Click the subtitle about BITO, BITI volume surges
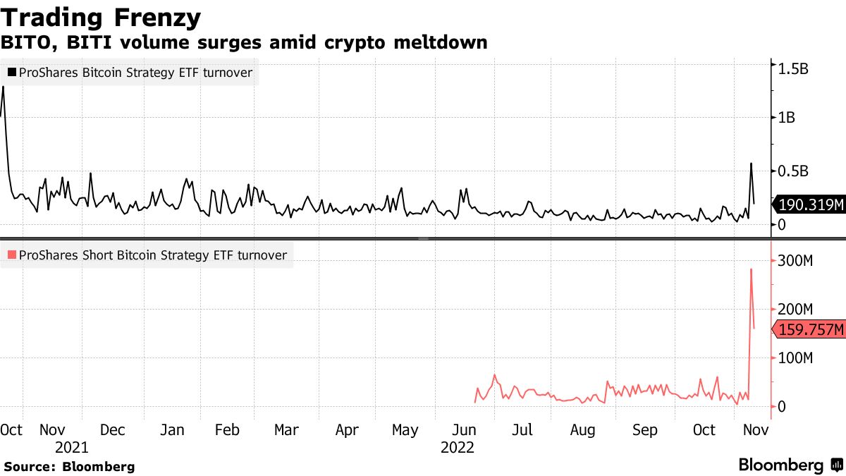pos(244,42)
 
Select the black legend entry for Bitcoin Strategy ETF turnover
pos(130,73)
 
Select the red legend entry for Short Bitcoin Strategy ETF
pos(147,255)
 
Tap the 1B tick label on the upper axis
pos(786,118)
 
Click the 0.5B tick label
pos(791,171)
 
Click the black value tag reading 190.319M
pos(809,205)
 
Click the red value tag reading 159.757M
pos(809,329)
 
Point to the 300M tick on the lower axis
pos(795,261)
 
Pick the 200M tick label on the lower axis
pos(795,310)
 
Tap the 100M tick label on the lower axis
pos(795,358)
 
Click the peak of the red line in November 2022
pos(751,269)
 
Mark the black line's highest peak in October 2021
pos(4,87)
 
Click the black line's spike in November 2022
pos(751,164)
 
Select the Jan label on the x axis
pos(172,430)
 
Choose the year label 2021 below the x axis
pos(71,447)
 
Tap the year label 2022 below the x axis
pos(457,447)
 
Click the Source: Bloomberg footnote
pos(69,467)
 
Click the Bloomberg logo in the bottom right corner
pos(790,465)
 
